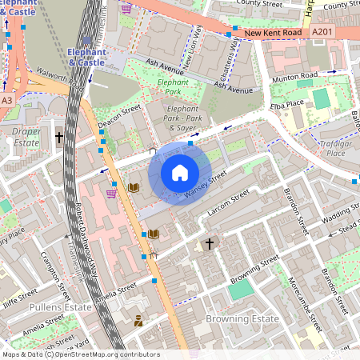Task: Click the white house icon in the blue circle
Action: pos(180,173)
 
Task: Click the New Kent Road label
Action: pos(274,33)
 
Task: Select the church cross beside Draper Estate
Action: pos(59,138)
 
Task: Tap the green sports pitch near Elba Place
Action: pos(321,99)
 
